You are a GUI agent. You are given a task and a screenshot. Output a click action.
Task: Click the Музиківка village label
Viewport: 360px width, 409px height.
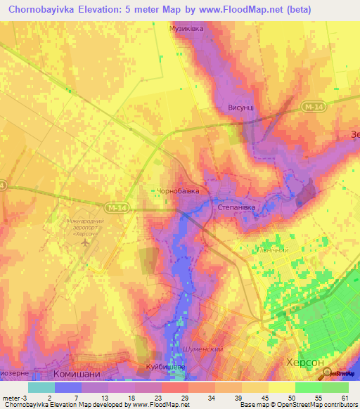click(x=186, y=29)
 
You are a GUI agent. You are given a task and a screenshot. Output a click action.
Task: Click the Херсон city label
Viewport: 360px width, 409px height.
click(x=305, y=361)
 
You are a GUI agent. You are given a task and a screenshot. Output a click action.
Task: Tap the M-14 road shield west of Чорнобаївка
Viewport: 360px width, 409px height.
click(x=120, y=208)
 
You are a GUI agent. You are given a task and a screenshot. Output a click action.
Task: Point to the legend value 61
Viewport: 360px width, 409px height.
click(x=344, y=397)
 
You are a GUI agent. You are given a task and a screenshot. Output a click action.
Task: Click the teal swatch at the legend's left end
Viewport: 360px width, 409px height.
click(x=41, y=387)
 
